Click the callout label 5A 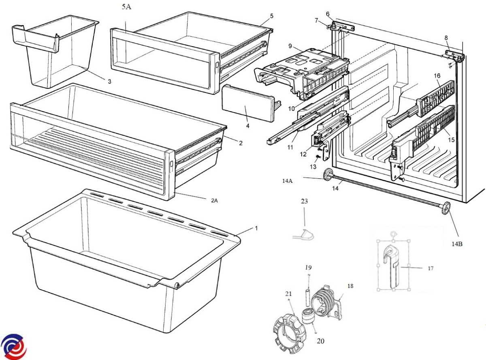pos(126,7)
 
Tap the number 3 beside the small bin pos(110,81)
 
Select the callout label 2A pos(215,201)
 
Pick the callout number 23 pos(304,201)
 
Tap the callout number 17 pos(431,268)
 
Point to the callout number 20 pos(320,341)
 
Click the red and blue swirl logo pos(14,347)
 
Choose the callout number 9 pos(290,46)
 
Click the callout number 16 pos(437,76)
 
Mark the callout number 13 pos(313,167)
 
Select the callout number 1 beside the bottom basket pos(256,228)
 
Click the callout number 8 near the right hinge pos(446,38)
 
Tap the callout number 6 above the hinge pos(328,14)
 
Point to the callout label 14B pos(457,244)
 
